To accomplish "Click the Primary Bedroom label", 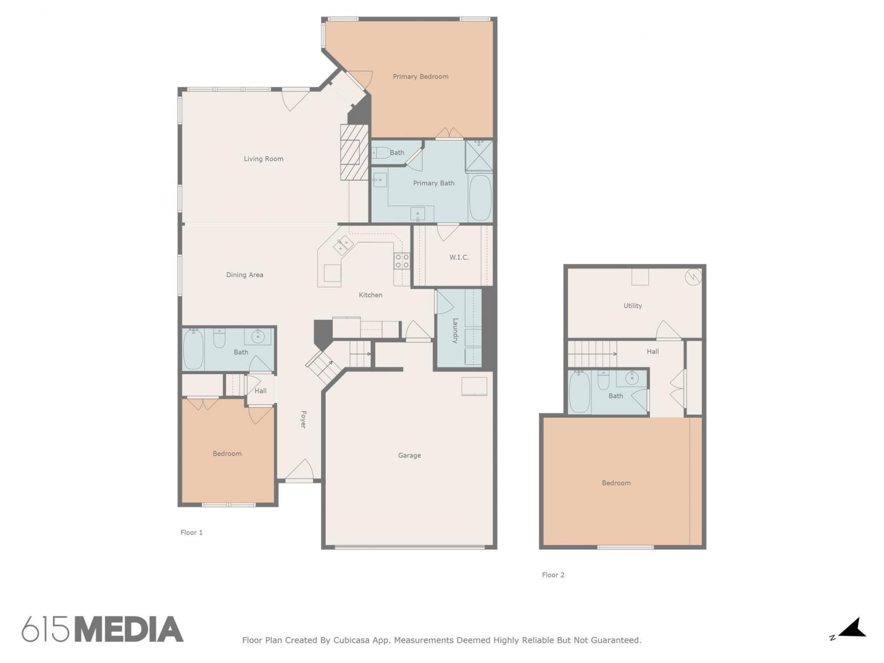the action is point(420,77).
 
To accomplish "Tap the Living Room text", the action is point(263,159).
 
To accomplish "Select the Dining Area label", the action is point(245,275).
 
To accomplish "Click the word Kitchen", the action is point(370,295).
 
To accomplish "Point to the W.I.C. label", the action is point(459,257).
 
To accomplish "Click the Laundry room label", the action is point(455,331).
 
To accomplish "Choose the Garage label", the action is point(409,456).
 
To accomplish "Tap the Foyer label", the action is point(304,420).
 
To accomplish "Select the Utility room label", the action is point(632,306).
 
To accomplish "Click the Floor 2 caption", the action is point(553,575).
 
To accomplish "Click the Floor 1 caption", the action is point(192,533).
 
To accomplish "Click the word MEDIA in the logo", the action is point(129,629).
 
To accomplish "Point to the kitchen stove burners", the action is point(401,261).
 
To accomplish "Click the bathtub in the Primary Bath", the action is point(480,197).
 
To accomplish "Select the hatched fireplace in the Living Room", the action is point(354,152).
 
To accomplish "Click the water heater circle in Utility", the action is point(693,276).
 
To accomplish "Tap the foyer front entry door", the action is point(299,471).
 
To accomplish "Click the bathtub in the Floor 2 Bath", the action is point(579,392).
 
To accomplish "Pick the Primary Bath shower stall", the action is point(479,156).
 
